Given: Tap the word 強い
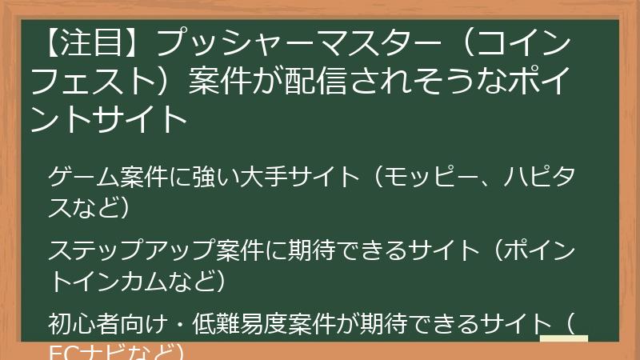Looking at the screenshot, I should click(x=206, y=176).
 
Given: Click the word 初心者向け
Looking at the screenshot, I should click(x=97, y=324).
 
